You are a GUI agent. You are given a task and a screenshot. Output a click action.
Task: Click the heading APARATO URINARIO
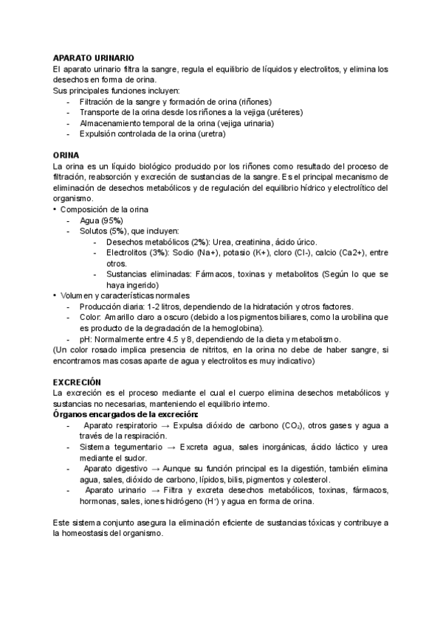pos(93,57)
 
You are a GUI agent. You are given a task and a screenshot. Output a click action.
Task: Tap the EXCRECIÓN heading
pos(78,382)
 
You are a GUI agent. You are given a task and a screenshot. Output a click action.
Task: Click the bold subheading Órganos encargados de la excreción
pos(121,414)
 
